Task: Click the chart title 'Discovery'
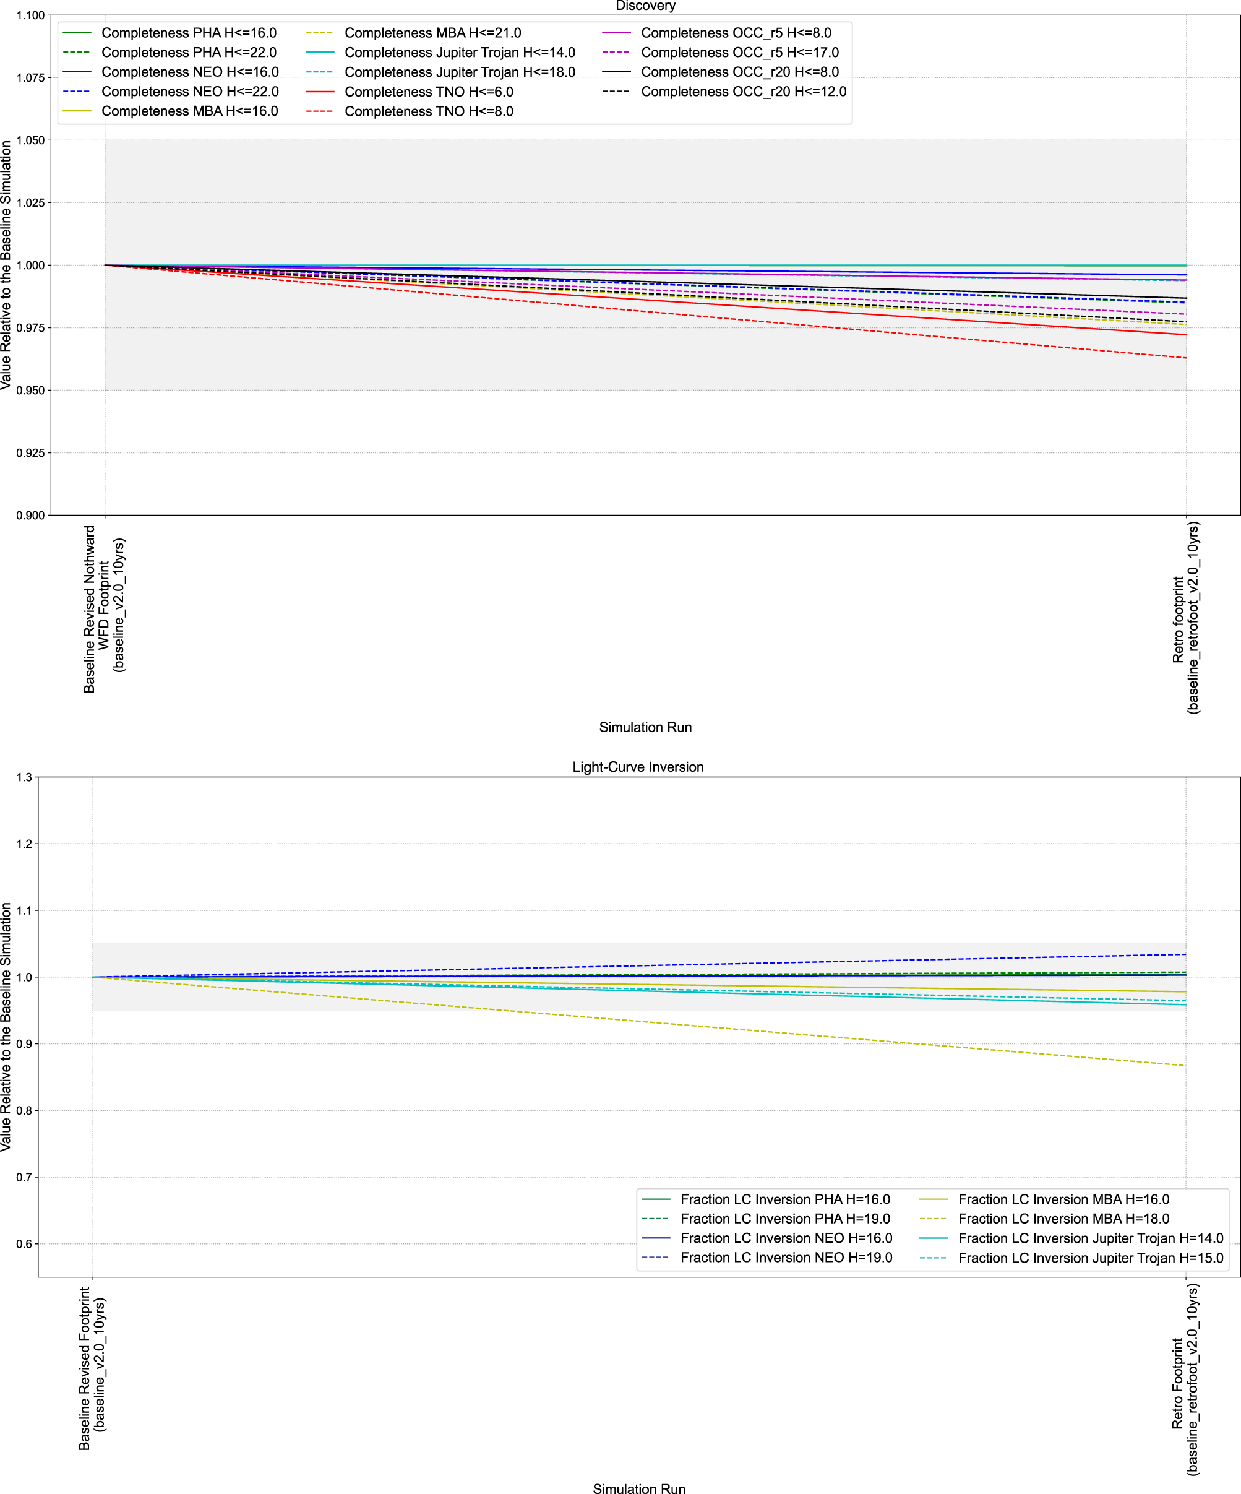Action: (x=645, y=6)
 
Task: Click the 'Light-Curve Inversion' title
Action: (x=638, y=767)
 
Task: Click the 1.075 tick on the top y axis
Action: (x=30, y=77)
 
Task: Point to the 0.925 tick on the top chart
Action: (x=30, y=452)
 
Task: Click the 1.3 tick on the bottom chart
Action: (x=24, y=777)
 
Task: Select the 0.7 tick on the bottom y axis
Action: (x=24, y=1177)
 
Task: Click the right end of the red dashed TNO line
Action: (x=1185, y=358)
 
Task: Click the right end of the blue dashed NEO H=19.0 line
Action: (x=1185, y=954)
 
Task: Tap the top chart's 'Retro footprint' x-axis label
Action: (x=1185, y=618)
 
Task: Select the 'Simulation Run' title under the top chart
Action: (x=645, y=727)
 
